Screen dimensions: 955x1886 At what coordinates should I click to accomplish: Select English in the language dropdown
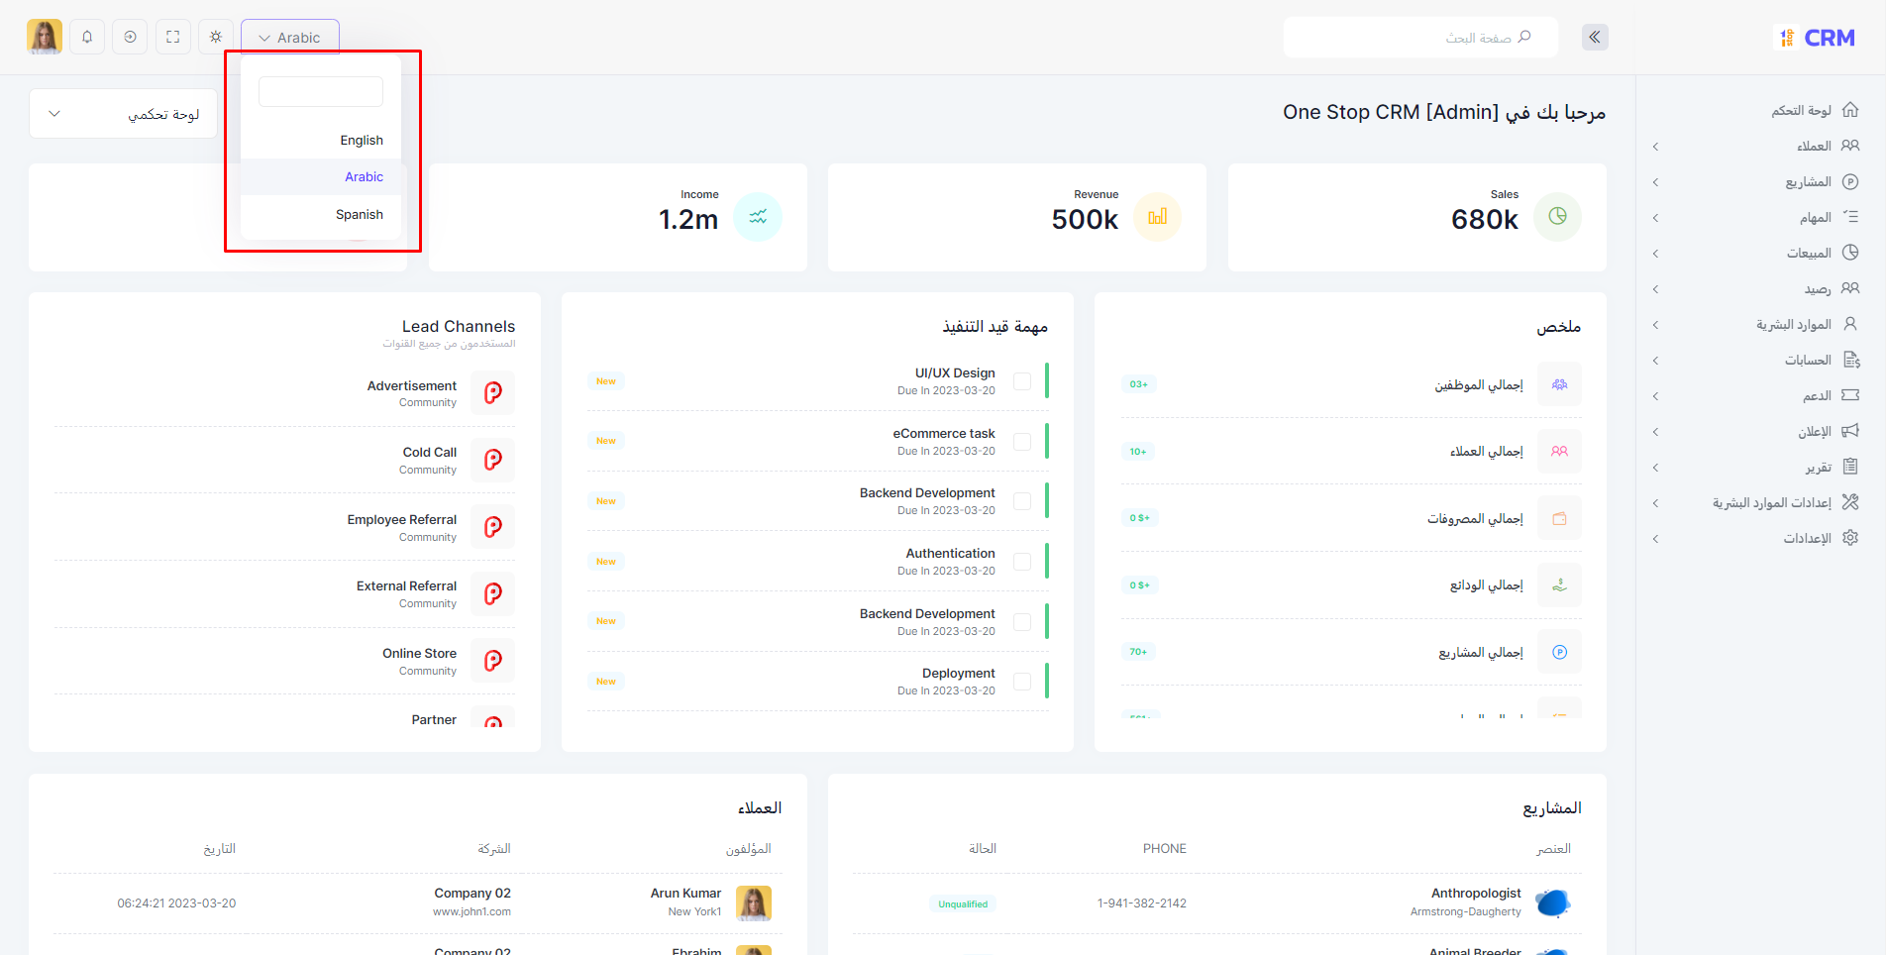[x=361, y=141]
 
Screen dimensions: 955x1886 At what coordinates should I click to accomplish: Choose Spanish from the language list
[x=359, y=215]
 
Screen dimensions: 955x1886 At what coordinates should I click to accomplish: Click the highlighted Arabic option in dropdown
[x=363, y=177]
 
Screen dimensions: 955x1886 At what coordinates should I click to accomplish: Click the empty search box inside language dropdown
[x=320, y=92]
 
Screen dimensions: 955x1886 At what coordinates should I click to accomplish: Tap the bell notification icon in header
[x=87, y=38]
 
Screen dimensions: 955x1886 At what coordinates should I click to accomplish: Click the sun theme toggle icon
[x=216, y=38]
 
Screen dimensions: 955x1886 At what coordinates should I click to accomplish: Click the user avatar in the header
[x=45, y=38]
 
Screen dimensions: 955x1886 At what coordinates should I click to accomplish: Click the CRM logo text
[x=1829, y=38]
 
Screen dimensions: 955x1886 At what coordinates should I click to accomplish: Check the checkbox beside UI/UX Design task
[x=1022, y=381]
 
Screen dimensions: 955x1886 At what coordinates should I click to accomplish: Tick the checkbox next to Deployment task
[x=1022, y=682]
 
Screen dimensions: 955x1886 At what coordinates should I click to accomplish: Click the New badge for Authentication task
[x=605, y=562]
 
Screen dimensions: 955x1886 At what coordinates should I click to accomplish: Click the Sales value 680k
[x=1484, y=219]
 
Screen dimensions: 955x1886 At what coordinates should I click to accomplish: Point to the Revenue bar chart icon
[x=1157, y=217]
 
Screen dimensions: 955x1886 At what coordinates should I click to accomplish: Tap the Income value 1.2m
[x=688, y=219]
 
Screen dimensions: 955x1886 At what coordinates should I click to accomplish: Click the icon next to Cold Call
[x=492, y=460]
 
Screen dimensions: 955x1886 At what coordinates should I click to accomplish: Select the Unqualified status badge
[x=963, y=903]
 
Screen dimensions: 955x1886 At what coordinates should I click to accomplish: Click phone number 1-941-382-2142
[x=1141, y=903]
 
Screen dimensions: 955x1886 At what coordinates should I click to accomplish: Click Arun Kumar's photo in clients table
[x=754, y=902]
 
